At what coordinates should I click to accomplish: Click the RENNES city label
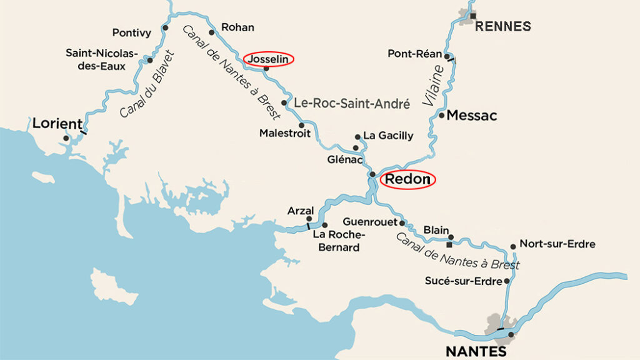coord(503,26)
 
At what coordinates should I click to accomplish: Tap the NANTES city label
coord(476,351)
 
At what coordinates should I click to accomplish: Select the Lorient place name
coord(57,123)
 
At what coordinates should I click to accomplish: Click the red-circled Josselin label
coord(268,59)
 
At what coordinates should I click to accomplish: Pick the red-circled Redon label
coord(407,180)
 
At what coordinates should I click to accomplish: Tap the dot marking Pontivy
coord(165,28)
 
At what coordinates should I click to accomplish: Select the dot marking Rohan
coord(211,32)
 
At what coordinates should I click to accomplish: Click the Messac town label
coord(472,116)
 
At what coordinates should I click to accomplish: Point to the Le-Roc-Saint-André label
coord(352,103)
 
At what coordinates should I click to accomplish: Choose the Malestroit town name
coord(285,133)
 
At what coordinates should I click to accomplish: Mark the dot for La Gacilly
coord(357,136)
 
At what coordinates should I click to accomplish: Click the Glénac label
coord(345,159)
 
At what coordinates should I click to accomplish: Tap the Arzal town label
coord(300,211)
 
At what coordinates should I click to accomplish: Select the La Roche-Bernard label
coord(336,241)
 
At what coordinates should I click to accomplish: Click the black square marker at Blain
coord(449,244)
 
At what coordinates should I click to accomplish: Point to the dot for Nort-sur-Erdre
coord(513,246)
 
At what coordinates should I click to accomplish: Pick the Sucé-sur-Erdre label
coord(463,281)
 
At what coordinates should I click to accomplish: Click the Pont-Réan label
coord(414,54)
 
